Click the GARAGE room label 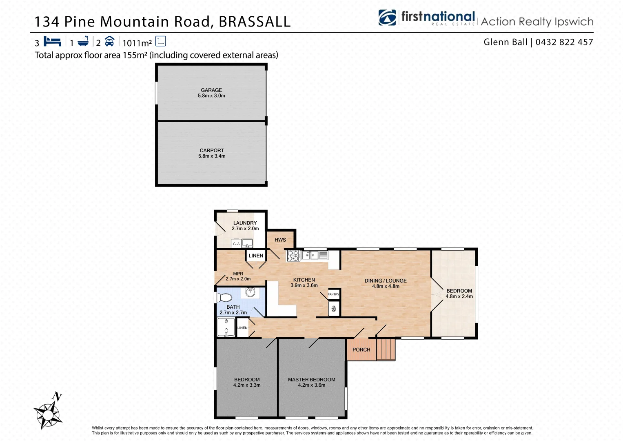(211, 90)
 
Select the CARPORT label (212, 151)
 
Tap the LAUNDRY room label (245, 223)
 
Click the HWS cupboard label (280, 240)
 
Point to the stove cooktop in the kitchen (293, 256)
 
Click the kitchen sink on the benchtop (310, 256)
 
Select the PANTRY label (333, 294)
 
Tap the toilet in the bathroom (224, 297)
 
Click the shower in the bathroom (226, 327)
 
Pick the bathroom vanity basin (250, 292)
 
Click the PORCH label (361, 350)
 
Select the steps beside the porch (386, 350)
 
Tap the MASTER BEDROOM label (312, 380)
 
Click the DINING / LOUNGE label (386, 281)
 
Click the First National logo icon (387, 18)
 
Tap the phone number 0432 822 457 (564, 42)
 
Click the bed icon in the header (52, 42)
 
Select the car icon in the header (109, 41)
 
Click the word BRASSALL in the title (255, 22)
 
